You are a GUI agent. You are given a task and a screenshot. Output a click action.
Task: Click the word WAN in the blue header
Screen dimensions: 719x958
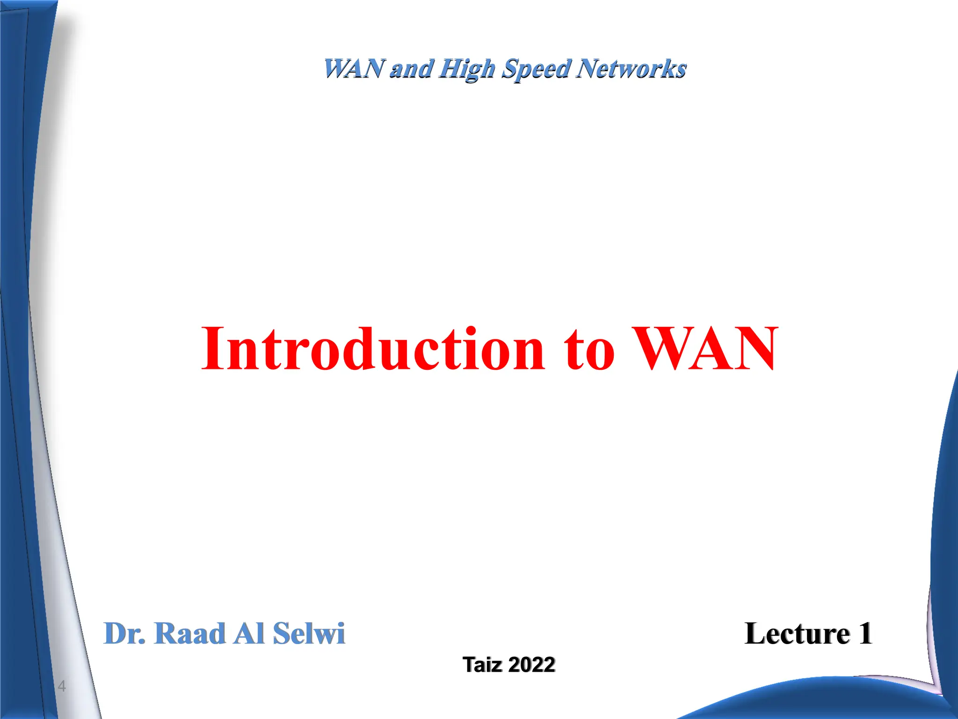point(354,69)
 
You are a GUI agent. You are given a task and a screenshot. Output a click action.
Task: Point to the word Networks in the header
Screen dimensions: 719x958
point(631,69)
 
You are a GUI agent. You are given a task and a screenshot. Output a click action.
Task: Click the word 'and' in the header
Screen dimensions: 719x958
point(411,69)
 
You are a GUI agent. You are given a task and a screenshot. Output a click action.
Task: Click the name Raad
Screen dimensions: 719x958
point(189,634)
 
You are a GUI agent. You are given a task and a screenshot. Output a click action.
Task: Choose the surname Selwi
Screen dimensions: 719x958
point(309,634)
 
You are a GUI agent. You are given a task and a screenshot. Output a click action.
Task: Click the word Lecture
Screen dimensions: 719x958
point(797,634)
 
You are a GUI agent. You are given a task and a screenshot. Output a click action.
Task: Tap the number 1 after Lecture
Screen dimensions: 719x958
point(865,634)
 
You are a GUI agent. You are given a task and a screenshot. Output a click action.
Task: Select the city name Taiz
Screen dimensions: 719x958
point(482,665)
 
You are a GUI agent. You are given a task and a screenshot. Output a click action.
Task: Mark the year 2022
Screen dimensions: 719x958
point(531,665)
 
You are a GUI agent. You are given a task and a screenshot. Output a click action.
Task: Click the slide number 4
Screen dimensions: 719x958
point(62,687)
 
